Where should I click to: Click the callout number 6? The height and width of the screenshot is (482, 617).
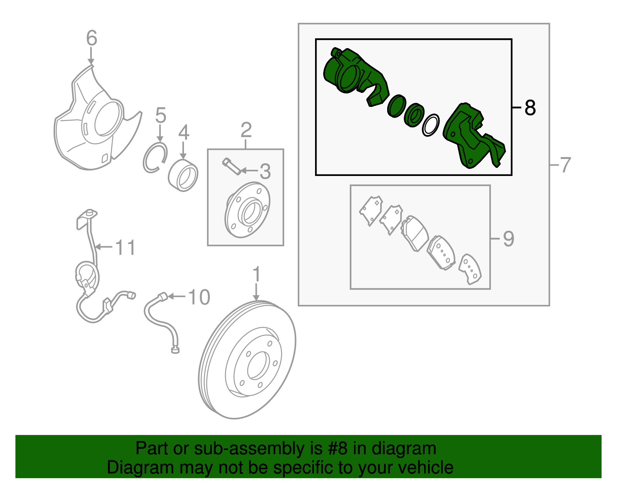pos(91,39)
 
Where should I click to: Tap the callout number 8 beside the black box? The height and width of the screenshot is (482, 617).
pos(530,108)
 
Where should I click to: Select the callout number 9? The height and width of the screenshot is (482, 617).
pos(508,239)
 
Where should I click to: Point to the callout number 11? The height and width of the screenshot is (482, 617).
pos(125,247)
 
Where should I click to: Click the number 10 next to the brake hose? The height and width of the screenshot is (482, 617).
pos(199,297)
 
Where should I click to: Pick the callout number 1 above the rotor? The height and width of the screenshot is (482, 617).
pos(256,275)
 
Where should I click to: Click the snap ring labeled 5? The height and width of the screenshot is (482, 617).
pos(155,157)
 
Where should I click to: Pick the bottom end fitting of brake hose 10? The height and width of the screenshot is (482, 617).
pos(175,350)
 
